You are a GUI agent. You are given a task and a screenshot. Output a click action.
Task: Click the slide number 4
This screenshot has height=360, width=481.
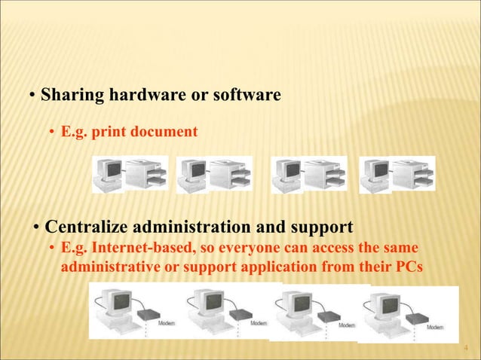[x=465, y=348]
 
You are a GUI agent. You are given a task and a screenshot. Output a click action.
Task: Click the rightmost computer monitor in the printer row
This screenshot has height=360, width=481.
[x=373, y=172]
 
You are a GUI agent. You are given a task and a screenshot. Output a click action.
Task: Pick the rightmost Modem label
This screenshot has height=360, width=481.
[x=435, y=327]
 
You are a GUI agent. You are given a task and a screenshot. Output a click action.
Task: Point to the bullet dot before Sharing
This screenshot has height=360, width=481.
[x=32, y=97]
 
